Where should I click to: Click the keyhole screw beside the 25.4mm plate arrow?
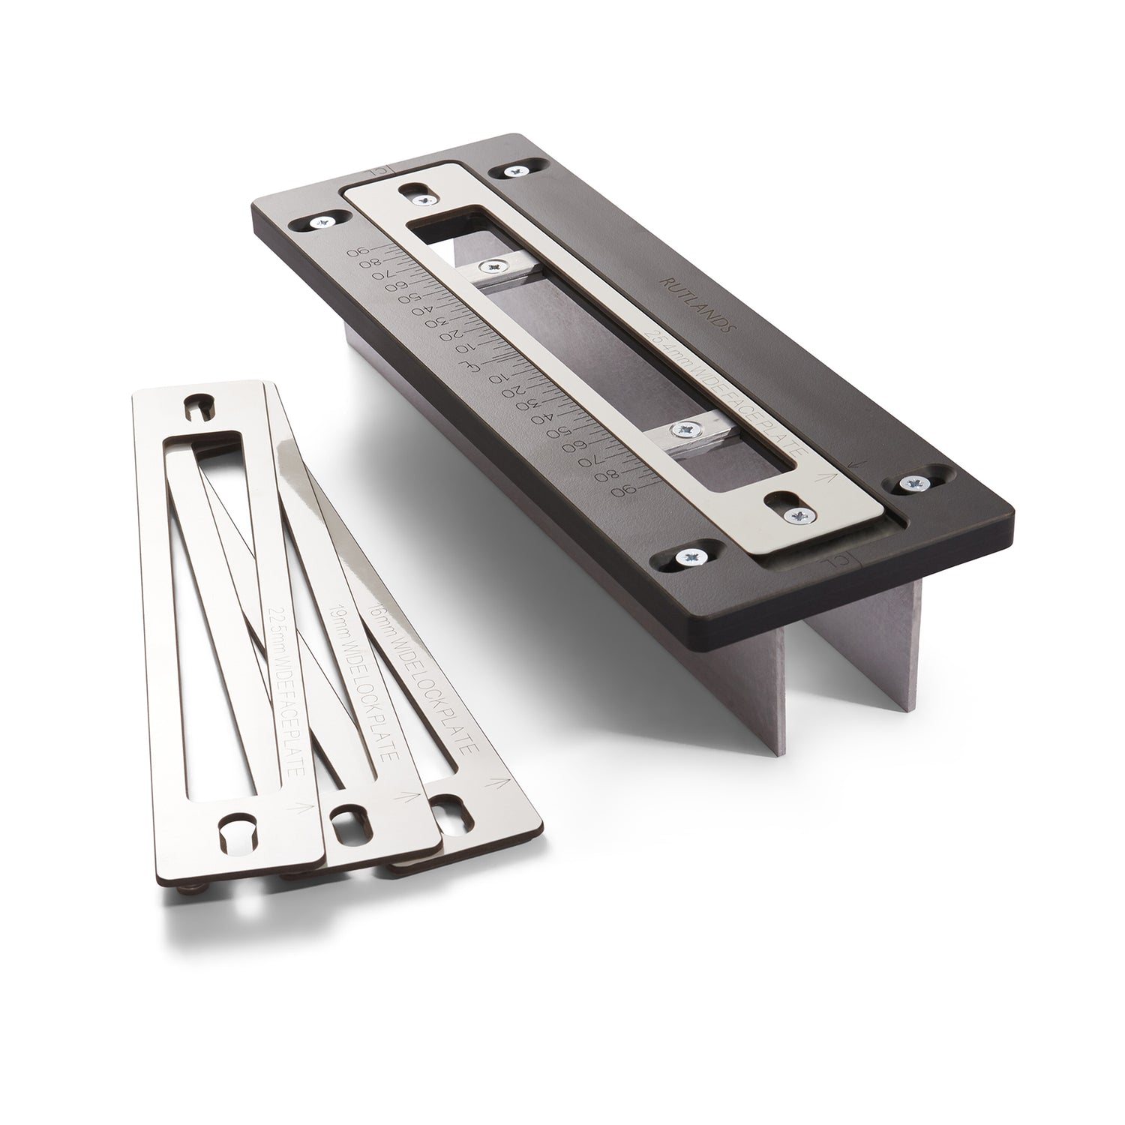click(801, 514)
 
